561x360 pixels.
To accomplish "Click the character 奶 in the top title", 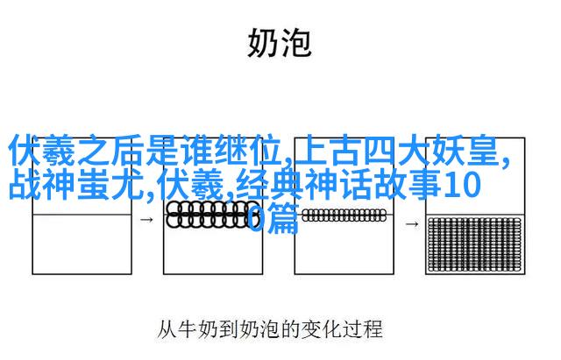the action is click(x=262, y=43).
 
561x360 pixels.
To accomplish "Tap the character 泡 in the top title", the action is click(x=296, y=43).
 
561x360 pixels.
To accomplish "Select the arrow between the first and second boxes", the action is click(x=146, y=220).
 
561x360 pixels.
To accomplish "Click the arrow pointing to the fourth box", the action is click(x=412, y=224).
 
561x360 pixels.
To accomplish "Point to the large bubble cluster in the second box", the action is click(x=209, y=215).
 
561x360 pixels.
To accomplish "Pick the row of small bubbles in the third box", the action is click(x=344, y=215).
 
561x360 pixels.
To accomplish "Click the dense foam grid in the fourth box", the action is click(x=475, y=244).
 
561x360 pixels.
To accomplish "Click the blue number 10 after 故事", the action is click(x=462, y=185).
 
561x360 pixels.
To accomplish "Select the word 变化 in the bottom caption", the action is click(x=316, y=329).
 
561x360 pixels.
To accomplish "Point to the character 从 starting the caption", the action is click(x=167, y=329).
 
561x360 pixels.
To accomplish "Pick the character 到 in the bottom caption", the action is click(x=229, y=329).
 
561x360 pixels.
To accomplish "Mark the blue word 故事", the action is click(x=408, y=185).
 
